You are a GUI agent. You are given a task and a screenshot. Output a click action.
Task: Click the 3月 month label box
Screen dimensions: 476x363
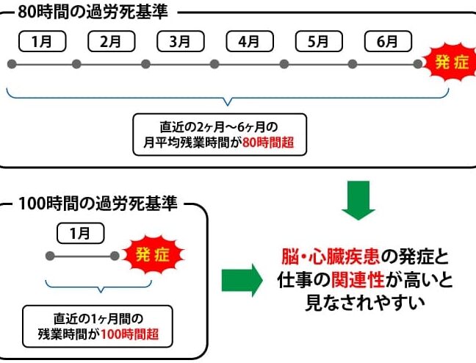(181, 41)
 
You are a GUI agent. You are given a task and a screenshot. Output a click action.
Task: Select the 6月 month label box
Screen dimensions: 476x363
(388, 41)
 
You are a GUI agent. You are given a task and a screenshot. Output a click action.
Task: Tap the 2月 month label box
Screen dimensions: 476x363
(112, 41)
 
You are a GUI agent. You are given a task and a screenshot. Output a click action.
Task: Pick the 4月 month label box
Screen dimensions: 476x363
(250, 41)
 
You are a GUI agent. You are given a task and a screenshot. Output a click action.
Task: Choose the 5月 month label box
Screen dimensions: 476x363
(319, 41)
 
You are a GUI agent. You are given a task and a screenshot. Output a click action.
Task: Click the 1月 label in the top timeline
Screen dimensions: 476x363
(42, 41)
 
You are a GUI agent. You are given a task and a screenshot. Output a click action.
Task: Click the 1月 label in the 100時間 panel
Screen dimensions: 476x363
(81, 233)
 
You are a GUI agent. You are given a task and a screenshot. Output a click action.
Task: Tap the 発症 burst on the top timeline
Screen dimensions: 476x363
(451, 62)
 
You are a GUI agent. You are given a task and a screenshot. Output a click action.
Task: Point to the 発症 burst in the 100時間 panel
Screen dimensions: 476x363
(153, 254)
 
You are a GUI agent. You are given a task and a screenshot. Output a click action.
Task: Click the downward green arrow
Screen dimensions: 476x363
(358, 201)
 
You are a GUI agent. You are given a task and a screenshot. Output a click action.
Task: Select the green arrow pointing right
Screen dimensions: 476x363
(242, 281)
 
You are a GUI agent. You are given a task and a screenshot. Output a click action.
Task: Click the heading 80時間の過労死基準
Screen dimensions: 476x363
(93, 12)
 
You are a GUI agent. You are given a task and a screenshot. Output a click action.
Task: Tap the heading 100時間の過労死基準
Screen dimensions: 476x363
(98, 204)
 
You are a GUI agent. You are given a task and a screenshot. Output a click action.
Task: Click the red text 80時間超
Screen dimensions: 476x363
(268, 143)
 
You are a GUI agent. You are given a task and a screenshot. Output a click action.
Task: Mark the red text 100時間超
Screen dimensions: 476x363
(129, 334)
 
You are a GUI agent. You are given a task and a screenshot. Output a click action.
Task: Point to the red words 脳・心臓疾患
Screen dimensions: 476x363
(331, 257)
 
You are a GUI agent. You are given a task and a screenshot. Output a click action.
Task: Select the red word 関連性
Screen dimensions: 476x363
(358, 280)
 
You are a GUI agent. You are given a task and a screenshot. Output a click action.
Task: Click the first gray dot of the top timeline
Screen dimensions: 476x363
(12, 64)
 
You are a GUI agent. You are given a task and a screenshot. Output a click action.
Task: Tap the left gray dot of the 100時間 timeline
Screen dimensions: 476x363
(50, 256)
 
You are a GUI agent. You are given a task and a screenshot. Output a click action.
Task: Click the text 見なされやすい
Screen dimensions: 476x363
(365, 303)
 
